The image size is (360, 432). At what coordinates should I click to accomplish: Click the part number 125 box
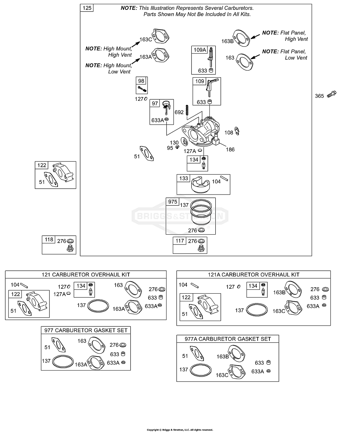point(87,8)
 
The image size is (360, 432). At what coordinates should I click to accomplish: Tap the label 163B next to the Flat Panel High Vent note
point(227,41)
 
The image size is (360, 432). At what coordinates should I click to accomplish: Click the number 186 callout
point(230,149)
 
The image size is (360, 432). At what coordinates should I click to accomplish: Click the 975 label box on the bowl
point(172,202)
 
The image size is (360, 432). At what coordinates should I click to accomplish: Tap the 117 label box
point(179,241)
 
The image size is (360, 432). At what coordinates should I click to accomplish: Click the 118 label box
point(49,240)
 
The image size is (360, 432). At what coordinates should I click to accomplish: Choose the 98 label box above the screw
point(141,81)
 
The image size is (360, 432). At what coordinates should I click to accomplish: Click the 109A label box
point(199,50)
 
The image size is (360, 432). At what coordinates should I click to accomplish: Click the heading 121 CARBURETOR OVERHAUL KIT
point(86,274)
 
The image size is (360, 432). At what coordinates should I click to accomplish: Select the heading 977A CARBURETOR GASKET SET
point(228,339)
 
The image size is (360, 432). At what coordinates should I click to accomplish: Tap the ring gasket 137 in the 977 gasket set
point(63,361)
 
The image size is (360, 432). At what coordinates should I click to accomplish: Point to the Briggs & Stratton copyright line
point(180,430)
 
